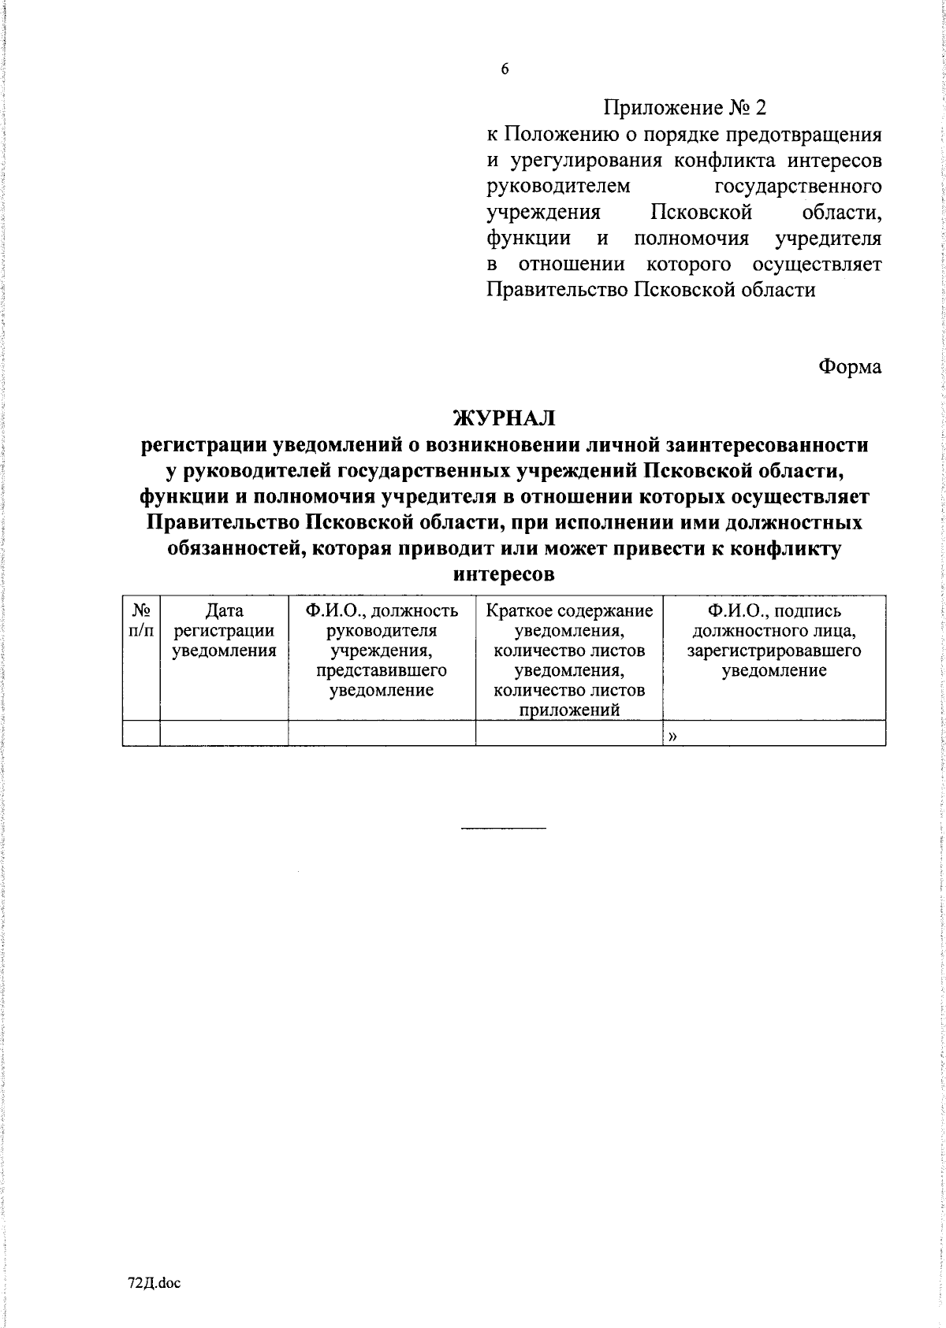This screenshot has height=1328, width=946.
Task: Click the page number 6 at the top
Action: pyautogui.click(x=505, y=69)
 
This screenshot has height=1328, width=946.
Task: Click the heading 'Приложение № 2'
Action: pyautogui.click(x=684, y=107)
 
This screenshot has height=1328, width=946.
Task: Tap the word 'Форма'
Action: pyautogui.click(x=850, y=366)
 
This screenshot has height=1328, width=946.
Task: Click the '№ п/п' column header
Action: pyautogui.click(x=141, y=621)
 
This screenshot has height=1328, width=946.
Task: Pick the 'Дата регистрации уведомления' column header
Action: pyautogui.click(x=224, y=630)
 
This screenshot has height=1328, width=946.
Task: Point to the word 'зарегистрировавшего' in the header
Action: pyautogui.click(x=773, y=651)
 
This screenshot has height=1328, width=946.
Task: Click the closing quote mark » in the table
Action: pyautogui.click(x=672, y=736)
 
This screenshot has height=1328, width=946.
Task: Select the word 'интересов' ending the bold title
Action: pyautogui.click(x=505, y=574)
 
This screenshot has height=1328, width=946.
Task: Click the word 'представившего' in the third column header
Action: pyautogui.click(x=382, y=670)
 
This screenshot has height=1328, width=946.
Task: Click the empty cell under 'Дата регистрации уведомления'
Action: pyautogui.click(x=224, y=733)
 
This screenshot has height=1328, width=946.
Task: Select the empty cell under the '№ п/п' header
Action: pyautogui.click(x=141, y=733)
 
